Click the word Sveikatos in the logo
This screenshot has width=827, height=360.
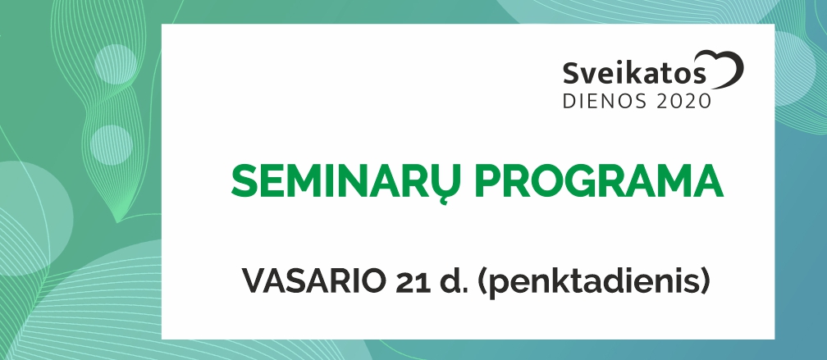pyautogui.click(x=634, y=73)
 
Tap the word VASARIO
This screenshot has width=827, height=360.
pyautogui.click(x=314, y=281)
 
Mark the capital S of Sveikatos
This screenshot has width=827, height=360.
pyautogui.click(x=571, y=73)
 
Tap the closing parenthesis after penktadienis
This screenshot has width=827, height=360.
pyautogui.click(x=702, y=283)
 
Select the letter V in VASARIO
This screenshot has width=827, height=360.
pyautogui.click(x=254, y=281)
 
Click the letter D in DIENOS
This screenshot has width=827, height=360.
pyautogui.click(x=570, y=101)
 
